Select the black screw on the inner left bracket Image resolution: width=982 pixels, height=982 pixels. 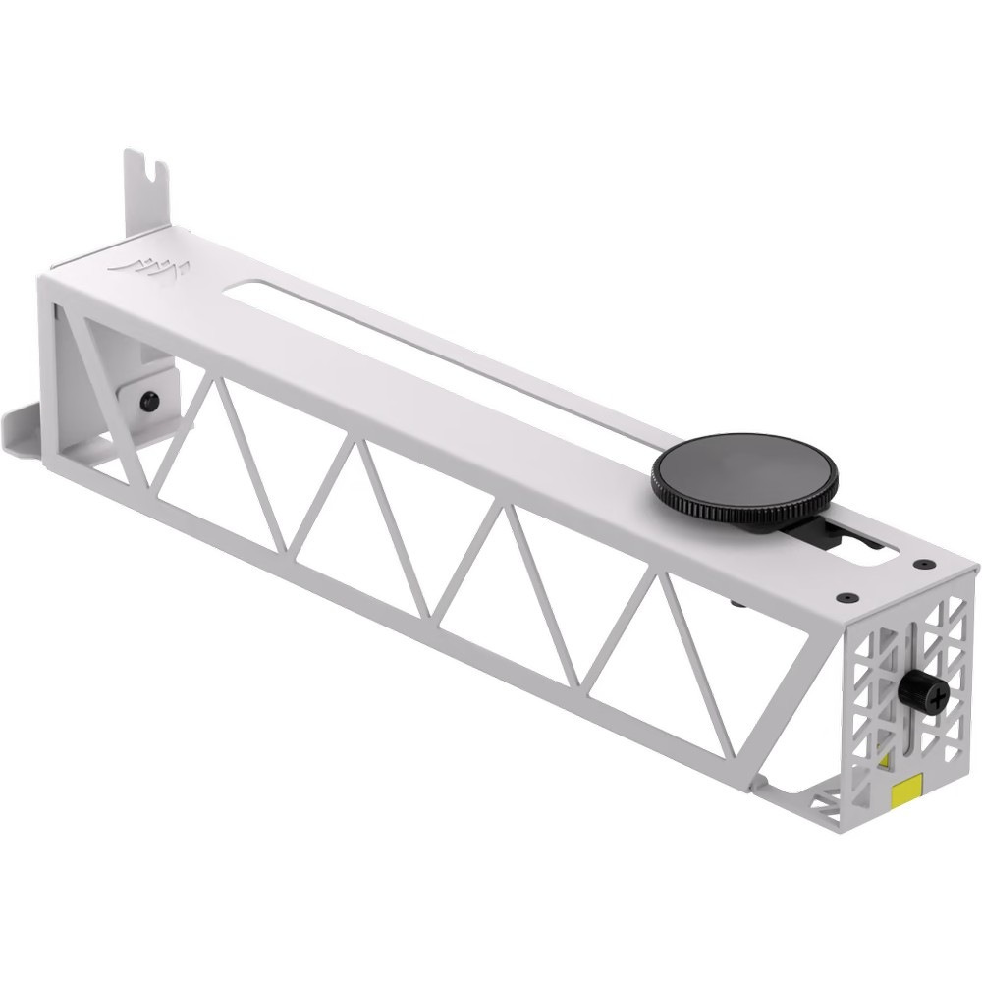click(x=148, y=401)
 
